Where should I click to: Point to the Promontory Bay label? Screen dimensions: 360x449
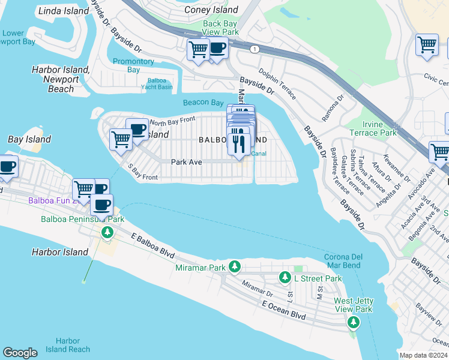coord(133,65)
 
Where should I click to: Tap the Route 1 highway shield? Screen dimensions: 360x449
coord(255,49)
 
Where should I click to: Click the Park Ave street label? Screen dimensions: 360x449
coord(186,162)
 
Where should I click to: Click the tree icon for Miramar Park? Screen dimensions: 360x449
coord(236,266)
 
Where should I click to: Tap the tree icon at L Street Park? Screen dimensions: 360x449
coord(285,278)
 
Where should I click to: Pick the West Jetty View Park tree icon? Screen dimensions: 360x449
coord(354,323)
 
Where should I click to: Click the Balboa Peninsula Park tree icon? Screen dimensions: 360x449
coord(107,232)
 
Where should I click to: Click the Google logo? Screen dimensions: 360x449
coord(20,353)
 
